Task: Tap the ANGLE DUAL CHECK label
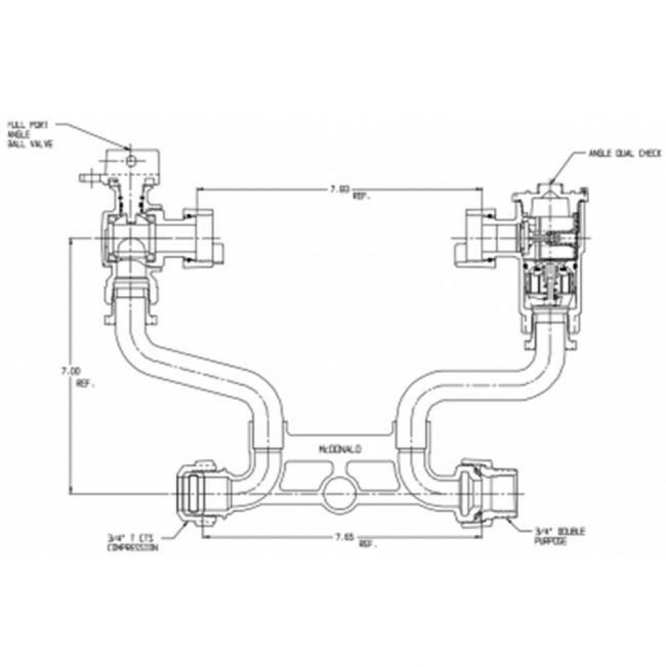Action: coord(625,153)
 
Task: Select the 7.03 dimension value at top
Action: coord(340,189)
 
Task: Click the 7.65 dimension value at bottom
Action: coord(344,536)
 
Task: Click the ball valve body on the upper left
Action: coord(130,237)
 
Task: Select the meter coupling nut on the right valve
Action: coord(475,237)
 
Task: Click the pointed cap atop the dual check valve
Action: coord(551,189)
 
